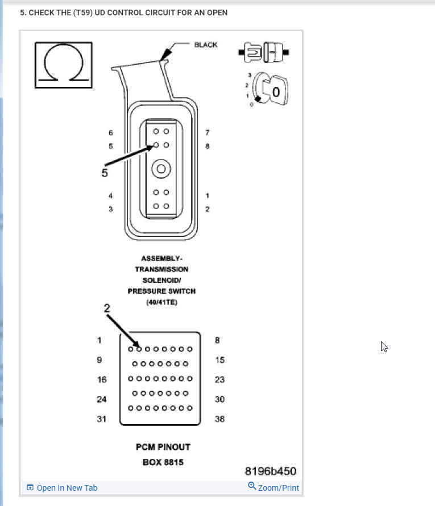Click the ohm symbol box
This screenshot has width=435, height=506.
pyautogui.click(x=63, y=65)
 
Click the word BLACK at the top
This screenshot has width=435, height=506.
pyautogui.click(x=205, y=45)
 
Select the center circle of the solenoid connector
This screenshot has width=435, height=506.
pyautogui.click(x=161, y=169)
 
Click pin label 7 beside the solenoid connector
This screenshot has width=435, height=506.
pyautogui.click(x=208, y=132)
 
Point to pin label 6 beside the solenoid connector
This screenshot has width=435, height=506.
pyautogui.click(x=111, y=132)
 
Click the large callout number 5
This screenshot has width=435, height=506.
pyautogui.click(x=105, y=173)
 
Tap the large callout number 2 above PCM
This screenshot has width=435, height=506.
pyautogui.click(x=107, y=308)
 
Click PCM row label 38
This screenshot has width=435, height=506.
pyautogui.click(x=219, y=419)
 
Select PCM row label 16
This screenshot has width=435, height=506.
pyautogui.click(x=102, y=379)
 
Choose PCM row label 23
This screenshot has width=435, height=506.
pyautogui.click(x=219, y=379)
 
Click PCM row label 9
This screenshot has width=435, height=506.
pyautogui.click(x=100, y=360)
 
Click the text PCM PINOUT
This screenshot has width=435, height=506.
pyautogui.click(x=163, y=447)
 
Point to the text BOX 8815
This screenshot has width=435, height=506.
pyautogui.click(x=163, y=462)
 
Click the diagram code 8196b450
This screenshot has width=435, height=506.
pyautogui.click(x=270, y=471)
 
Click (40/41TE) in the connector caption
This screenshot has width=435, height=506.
pyautogui.click(x=160, y=302)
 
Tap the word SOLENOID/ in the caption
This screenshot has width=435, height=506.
pyautogui.click(x=161, y=280)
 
